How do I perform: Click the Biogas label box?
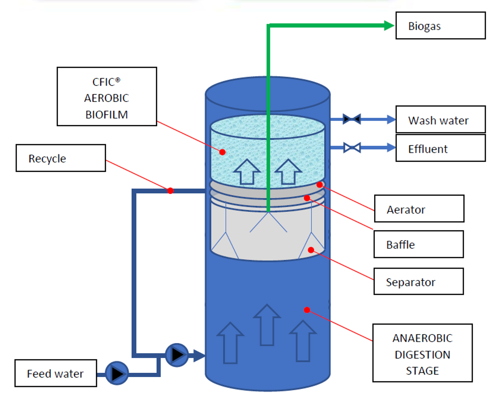click(440, 26)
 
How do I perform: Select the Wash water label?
click(440, 120)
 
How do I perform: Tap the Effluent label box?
click(440, 148)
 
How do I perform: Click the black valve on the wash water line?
click(352, 119)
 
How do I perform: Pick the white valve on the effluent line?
click(352, 148)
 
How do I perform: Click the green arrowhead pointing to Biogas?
click(389, 26)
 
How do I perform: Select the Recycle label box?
click(61, 158)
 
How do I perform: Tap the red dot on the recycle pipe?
click(170, 191)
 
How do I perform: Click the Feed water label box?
click(55, 373)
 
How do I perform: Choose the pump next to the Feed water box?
click(117, 373)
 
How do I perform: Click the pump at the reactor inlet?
click(177, 355)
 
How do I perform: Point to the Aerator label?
click(419, 209)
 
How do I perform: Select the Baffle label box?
click(419, 244)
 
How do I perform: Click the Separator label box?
click(419, 282)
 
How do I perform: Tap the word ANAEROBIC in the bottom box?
click(422, 338)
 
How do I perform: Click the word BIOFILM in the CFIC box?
click(106, 114)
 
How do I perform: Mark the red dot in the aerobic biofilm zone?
click(222, 152)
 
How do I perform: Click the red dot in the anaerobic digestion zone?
click(307, 310)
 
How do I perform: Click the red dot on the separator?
click(311, 250)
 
